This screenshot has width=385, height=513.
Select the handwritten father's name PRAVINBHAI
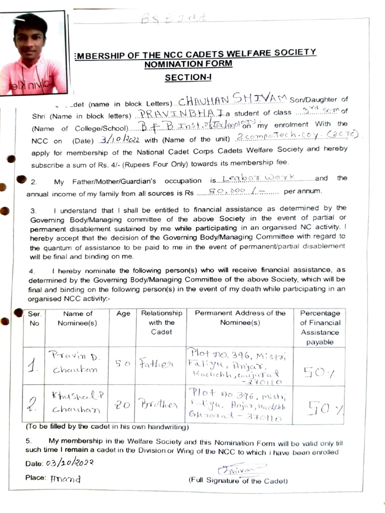point(177,114)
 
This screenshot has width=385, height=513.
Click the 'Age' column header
point(123,314)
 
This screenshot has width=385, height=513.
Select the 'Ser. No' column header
point(34,318)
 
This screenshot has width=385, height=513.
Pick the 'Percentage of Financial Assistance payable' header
point(320,327)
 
